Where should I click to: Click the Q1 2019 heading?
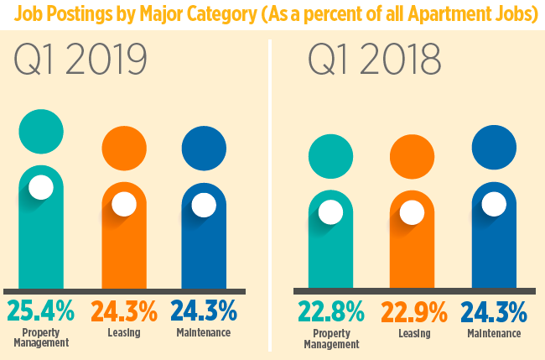tap(80, 62)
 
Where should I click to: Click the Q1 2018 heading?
tap(374, 62)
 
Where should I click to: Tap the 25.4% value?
tap(41, 311)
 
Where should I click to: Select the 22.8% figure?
tap(330, 311)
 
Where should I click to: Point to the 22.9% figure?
tap(413, 311)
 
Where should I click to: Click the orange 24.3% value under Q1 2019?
tap(124, 311)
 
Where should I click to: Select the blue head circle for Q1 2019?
tap(204, 148)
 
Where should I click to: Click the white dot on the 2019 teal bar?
tap(41, 188)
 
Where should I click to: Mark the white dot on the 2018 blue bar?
tap(494, 203)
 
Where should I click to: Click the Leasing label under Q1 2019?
tap(124, 333)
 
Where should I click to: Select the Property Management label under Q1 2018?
tap(330, 338)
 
